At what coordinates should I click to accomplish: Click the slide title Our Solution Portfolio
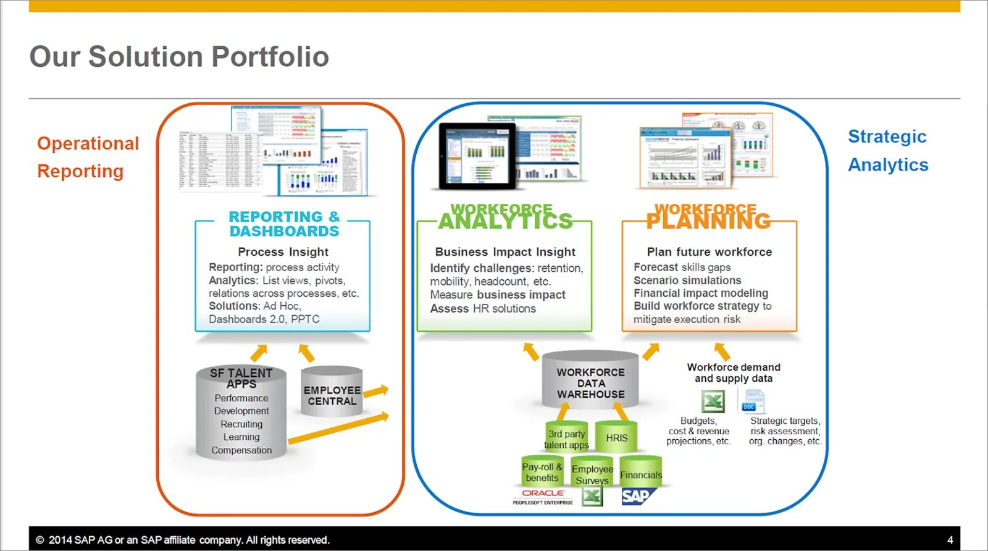179,57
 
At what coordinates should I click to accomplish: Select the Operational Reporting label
88,157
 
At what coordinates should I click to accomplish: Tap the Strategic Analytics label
887,151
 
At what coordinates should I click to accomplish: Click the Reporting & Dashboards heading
284,224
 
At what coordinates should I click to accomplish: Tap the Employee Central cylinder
332,393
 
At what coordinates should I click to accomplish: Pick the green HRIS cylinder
616,437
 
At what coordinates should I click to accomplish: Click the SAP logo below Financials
637,496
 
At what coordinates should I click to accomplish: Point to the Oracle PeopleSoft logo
543,497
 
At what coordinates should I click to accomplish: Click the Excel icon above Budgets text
713,402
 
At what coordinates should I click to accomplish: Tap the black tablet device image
477,156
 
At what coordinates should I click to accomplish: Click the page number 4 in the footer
950,540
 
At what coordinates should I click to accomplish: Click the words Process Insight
283,252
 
